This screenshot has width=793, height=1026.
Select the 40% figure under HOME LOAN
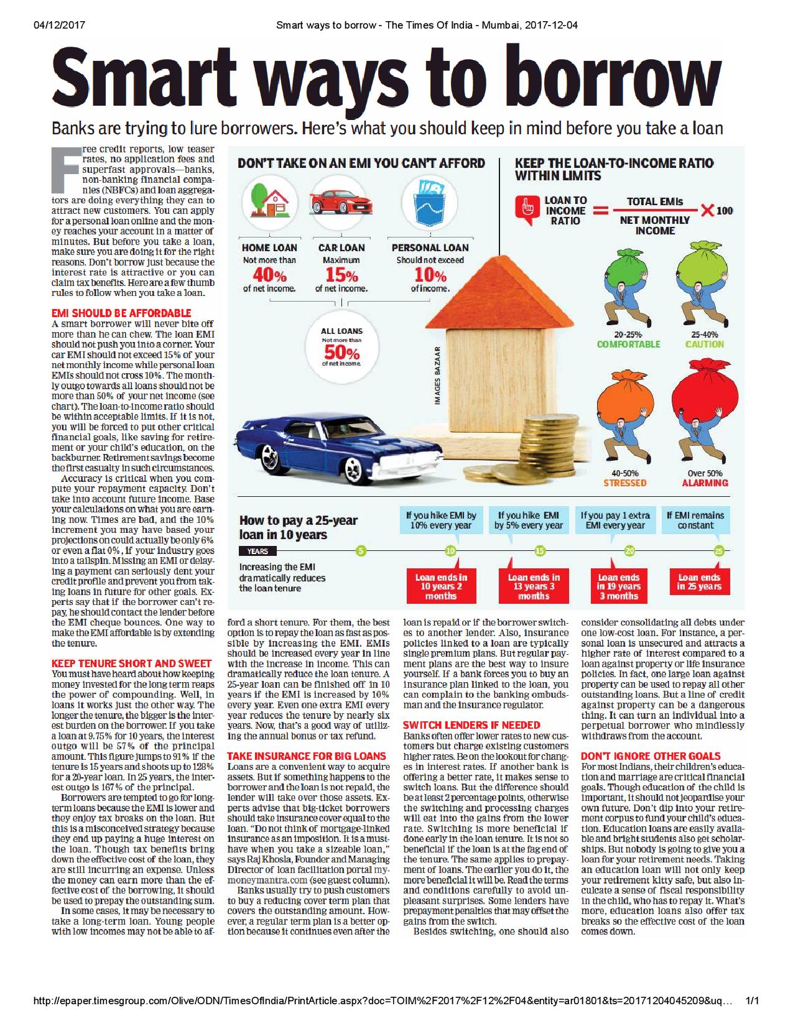point(269,275)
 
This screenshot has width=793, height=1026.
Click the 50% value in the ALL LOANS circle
point(341,353)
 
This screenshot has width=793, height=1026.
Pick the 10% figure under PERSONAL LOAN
point(430,275)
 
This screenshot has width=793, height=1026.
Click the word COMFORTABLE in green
point(628,344)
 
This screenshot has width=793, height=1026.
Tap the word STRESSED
point(625,483)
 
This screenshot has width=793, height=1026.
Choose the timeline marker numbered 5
point(361,551)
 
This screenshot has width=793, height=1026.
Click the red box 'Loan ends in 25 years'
point(698,582)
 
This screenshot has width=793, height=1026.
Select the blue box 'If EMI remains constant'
point(695,520)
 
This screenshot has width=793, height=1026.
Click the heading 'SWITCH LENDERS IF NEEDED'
point(471,725)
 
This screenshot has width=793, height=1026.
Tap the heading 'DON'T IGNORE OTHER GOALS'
point(651,756)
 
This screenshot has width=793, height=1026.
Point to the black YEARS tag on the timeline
point(257,551)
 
